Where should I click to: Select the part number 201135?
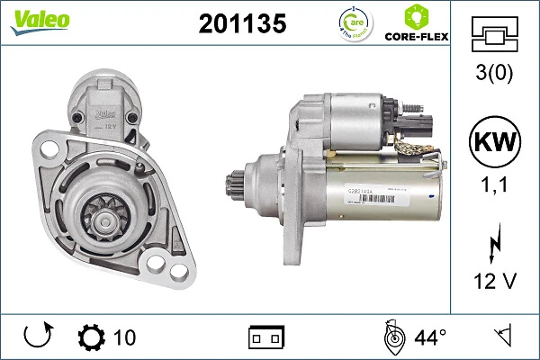(x=241, y=24)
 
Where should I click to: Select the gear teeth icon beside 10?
(x=91, y=337)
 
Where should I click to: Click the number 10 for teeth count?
(x=124, y=337)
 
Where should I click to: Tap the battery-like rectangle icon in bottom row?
(x=265, y=338)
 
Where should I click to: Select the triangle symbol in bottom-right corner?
(x=502, y=337)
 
